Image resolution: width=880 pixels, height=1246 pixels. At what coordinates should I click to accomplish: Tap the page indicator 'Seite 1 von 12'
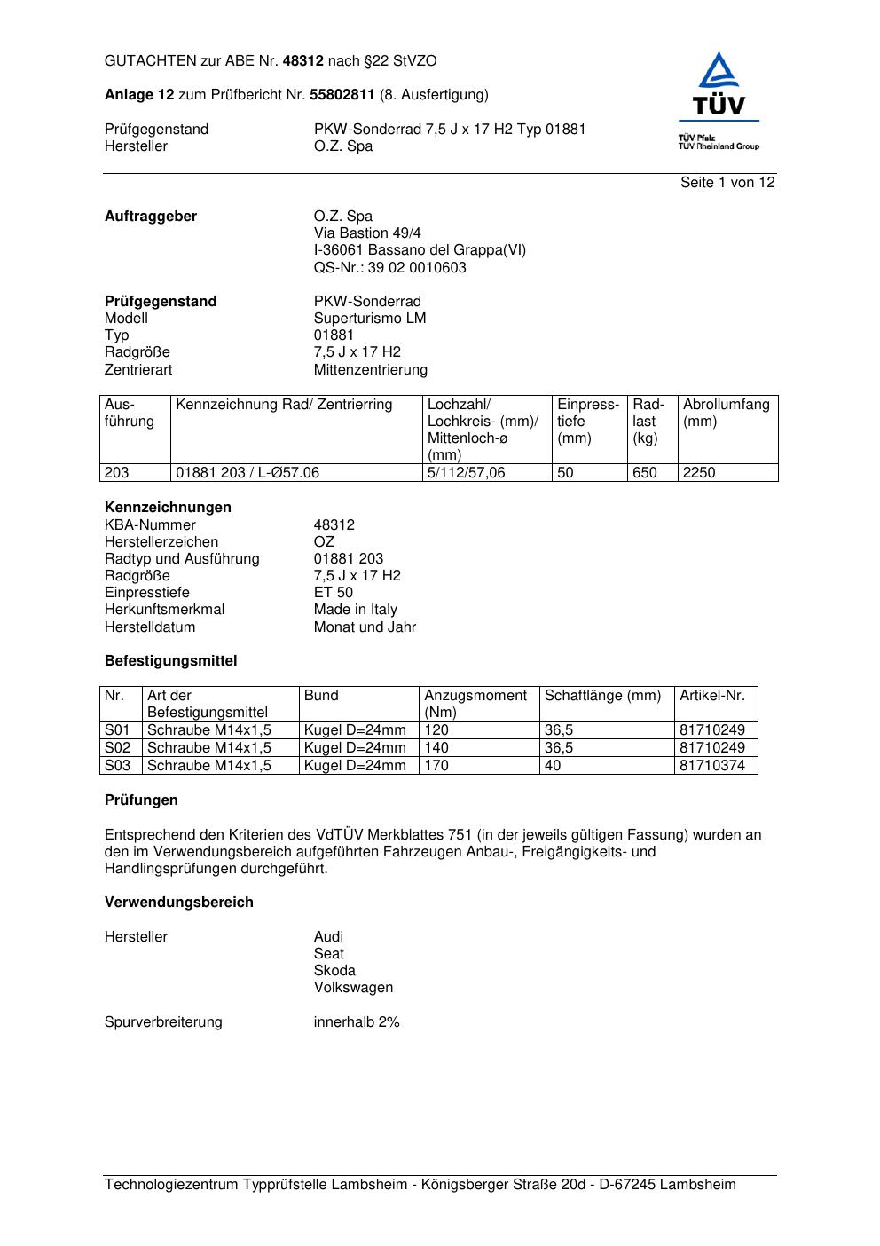point(727,183)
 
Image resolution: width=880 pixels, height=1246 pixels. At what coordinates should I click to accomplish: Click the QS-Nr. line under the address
point(389,268)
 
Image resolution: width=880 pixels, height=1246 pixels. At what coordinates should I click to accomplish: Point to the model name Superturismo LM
point(369,319)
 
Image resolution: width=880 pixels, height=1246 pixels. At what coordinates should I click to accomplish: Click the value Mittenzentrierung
point(370,370)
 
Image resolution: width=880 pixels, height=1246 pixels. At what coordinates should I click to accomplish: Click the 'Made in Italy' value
point(355,610)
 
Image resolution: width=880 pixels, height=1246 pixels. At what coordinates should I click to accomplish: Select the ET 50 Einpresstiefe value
point(333,593)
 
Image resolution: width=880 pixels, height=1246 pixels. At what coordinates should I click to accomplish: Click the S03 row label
point(117,765)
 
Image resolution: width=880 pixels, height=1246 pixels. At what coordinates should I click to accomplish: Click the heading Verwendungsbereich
point(178,903)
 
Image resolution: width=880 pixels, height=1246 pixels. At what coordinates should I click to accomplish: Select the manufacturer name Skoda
point(334,971)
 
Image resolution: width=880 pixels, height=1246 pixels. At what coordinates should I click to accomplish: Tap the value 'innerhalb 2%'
point(356,1022)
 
